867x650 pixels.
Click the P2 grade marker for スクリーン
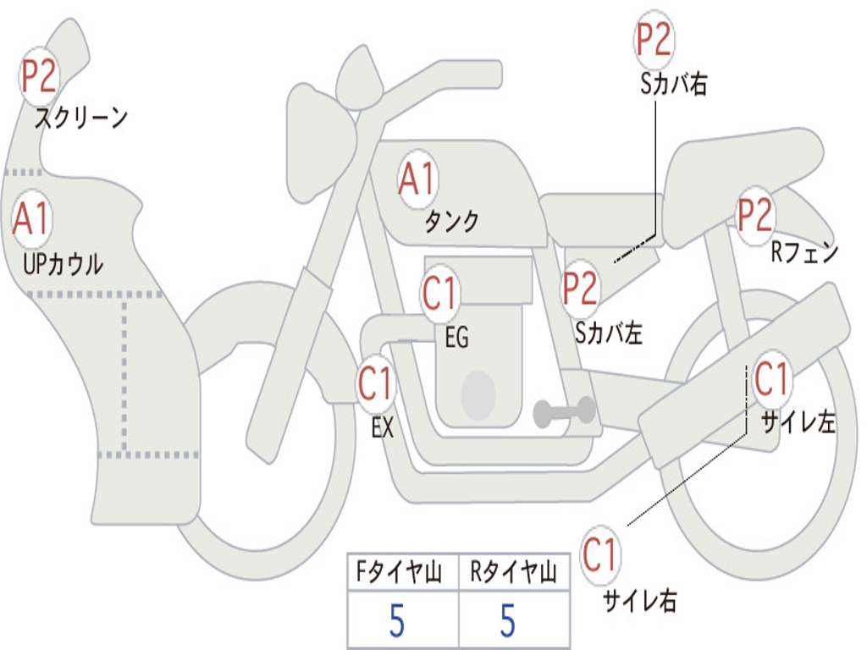tap(39, 77)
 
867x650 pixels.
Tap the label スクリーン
tap(80, 118)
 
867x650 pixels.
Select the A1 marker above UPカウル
tap(33, 219)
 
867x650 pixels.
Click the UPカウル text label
tap(64, 264)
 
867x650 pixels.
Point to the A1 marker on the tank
tap(417, 179)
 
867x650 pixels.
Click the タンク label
tap(451, 222)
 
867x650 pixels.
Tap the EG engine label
tap(456, 338)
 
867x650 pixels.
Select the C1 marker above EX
tap(376, 384)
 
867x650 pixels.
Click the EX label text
tap(383, 428)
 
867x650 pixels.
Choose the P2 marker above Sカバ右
tap(654, 39)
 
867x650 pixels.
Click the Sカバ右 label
tap(673, 85)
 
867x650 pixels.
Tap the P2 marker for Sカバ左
tap(581, 289)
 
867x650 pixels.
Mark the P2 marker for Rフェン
tap(754, 215)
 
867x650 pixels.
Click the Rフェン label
tap(803, 253)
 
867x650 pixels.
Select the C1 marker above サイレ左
tap(771, 378)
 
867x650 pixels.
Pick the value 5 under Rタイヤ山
tap(508, 621)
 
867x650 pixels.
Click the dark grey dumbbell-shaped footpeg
tap(565, 412)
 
